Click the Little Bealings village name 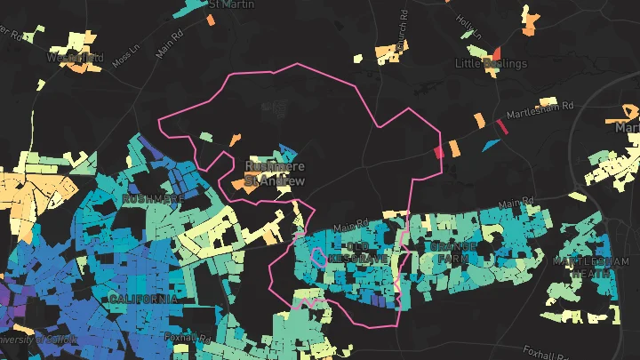coord(491,64)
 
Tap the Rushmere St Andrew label coord(275,172)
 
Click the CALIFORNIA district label coord(142,300)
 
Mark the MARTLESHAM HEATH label coord(583,267)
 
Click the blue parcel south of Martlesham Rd coord(490,144)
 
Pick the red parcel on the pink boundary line coord(438,152)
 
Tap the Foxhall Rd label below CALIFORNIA coord(186,339)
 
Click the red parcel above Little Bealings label coord(497,52)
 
